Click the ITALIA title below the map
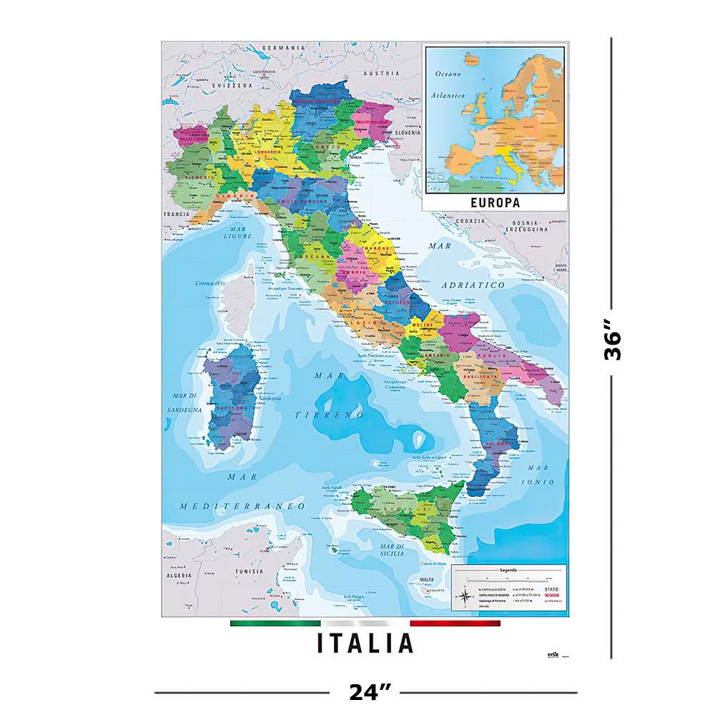[x=365, y=641]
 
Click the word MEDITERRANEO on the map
[x=242, y=506]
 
